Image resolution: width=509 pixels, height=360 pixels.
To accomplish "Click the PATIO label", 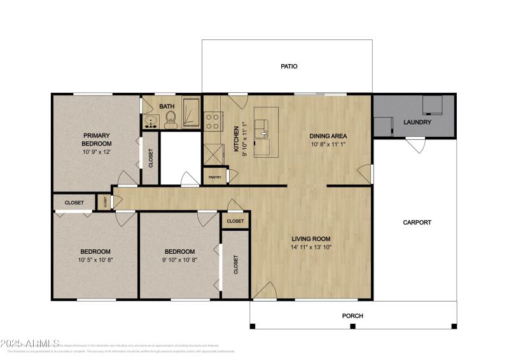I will (x=289, y=66).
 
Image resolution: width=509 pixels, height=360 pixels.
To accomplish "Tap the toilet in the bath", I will (x=171, y=120).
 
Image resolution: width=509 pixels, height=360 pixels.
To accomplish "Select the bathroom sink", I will (x=151, y=121).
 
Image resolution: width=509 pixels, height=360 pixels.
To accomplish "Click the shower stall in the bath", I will (x=192, y=113).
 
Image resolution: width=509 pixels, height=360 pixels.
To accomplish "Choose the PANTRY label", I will (x=214, y=177).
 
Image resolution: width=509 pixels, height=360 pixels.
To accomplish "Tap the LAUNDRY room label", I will (x=417, y=122).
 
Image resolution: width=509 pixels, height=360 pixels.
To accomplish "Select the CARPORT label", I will (x=417, y=223).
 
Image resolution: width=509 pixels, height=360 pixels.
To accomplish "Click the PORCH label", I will (x=352, y=315).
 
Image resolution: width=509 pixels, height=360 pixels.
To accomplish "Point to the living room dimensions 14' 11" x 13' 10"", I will (x=311, y=247).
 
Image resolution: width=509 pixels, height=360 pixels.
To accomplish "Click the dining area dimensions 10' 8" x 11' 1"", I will (x=328, y=144).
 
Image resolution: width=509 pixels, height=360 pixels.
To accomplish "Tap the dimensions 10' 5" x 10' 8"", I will (x=95, y=260).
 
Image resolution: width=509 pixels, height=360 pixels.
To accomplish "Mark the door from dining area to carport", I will (x=364, y=172).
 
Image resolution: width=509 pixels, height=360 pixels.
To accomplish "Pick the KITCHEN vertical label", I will (x=236, y=137).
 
